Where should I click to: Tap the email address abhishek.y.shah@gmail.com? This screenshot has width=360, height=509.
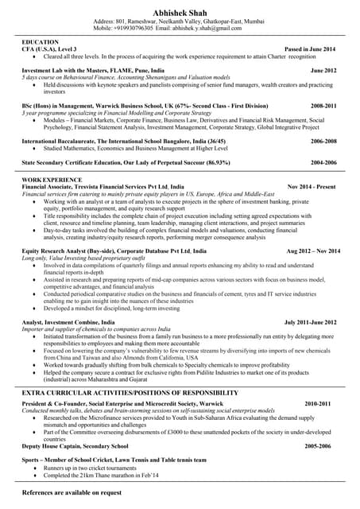pyautogui.click(x=205, y=28)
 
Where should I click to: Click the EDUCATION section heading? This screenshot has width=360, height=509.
pyautogui.click(x=41, y=41)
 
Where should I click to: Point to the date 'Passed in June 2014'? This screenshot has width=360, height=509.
pyautogui.click(x=310, y=49)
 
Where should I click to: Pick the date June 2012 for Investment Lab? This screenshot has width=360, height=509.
pyautogui.click(x=323, y=71)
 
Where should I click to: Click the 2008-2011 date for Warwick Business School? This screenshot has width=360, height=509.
pyautogui.click(x=323, y=105)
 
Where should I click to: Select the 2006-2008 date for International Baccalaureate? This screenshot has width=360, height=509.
pyautogui.click(x=323, y=140)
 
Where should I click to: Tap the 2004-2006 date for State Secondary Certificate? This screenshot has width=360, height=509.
pyautogui.click(x=323, y=162)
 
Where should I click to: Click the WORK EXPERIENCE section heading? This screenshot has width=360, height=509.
pyautogui.click(x=52, y=181)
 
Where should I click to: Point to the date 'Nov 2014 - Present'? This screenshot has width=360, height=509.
pyautogui.click(x=312, y=187)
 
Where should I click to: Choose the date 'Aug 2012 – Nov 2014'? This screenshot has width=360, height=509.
pyautogui.click(x=312, y=251)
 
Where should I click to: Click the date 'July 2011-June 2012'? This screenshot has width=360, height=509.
pyautogui.click(x=310, y=323)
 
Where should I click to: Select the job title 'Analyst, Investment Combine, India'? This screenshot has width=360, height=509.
pyautogui.click(x=68, y=323)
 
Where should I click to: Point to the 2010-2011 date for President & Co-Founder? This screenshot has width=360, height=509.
pyautogui.click(x=317, y=404)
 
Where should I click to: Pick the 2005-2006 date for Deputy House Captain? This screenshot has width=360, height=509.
pyautogui.click(x=317, y=446)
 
